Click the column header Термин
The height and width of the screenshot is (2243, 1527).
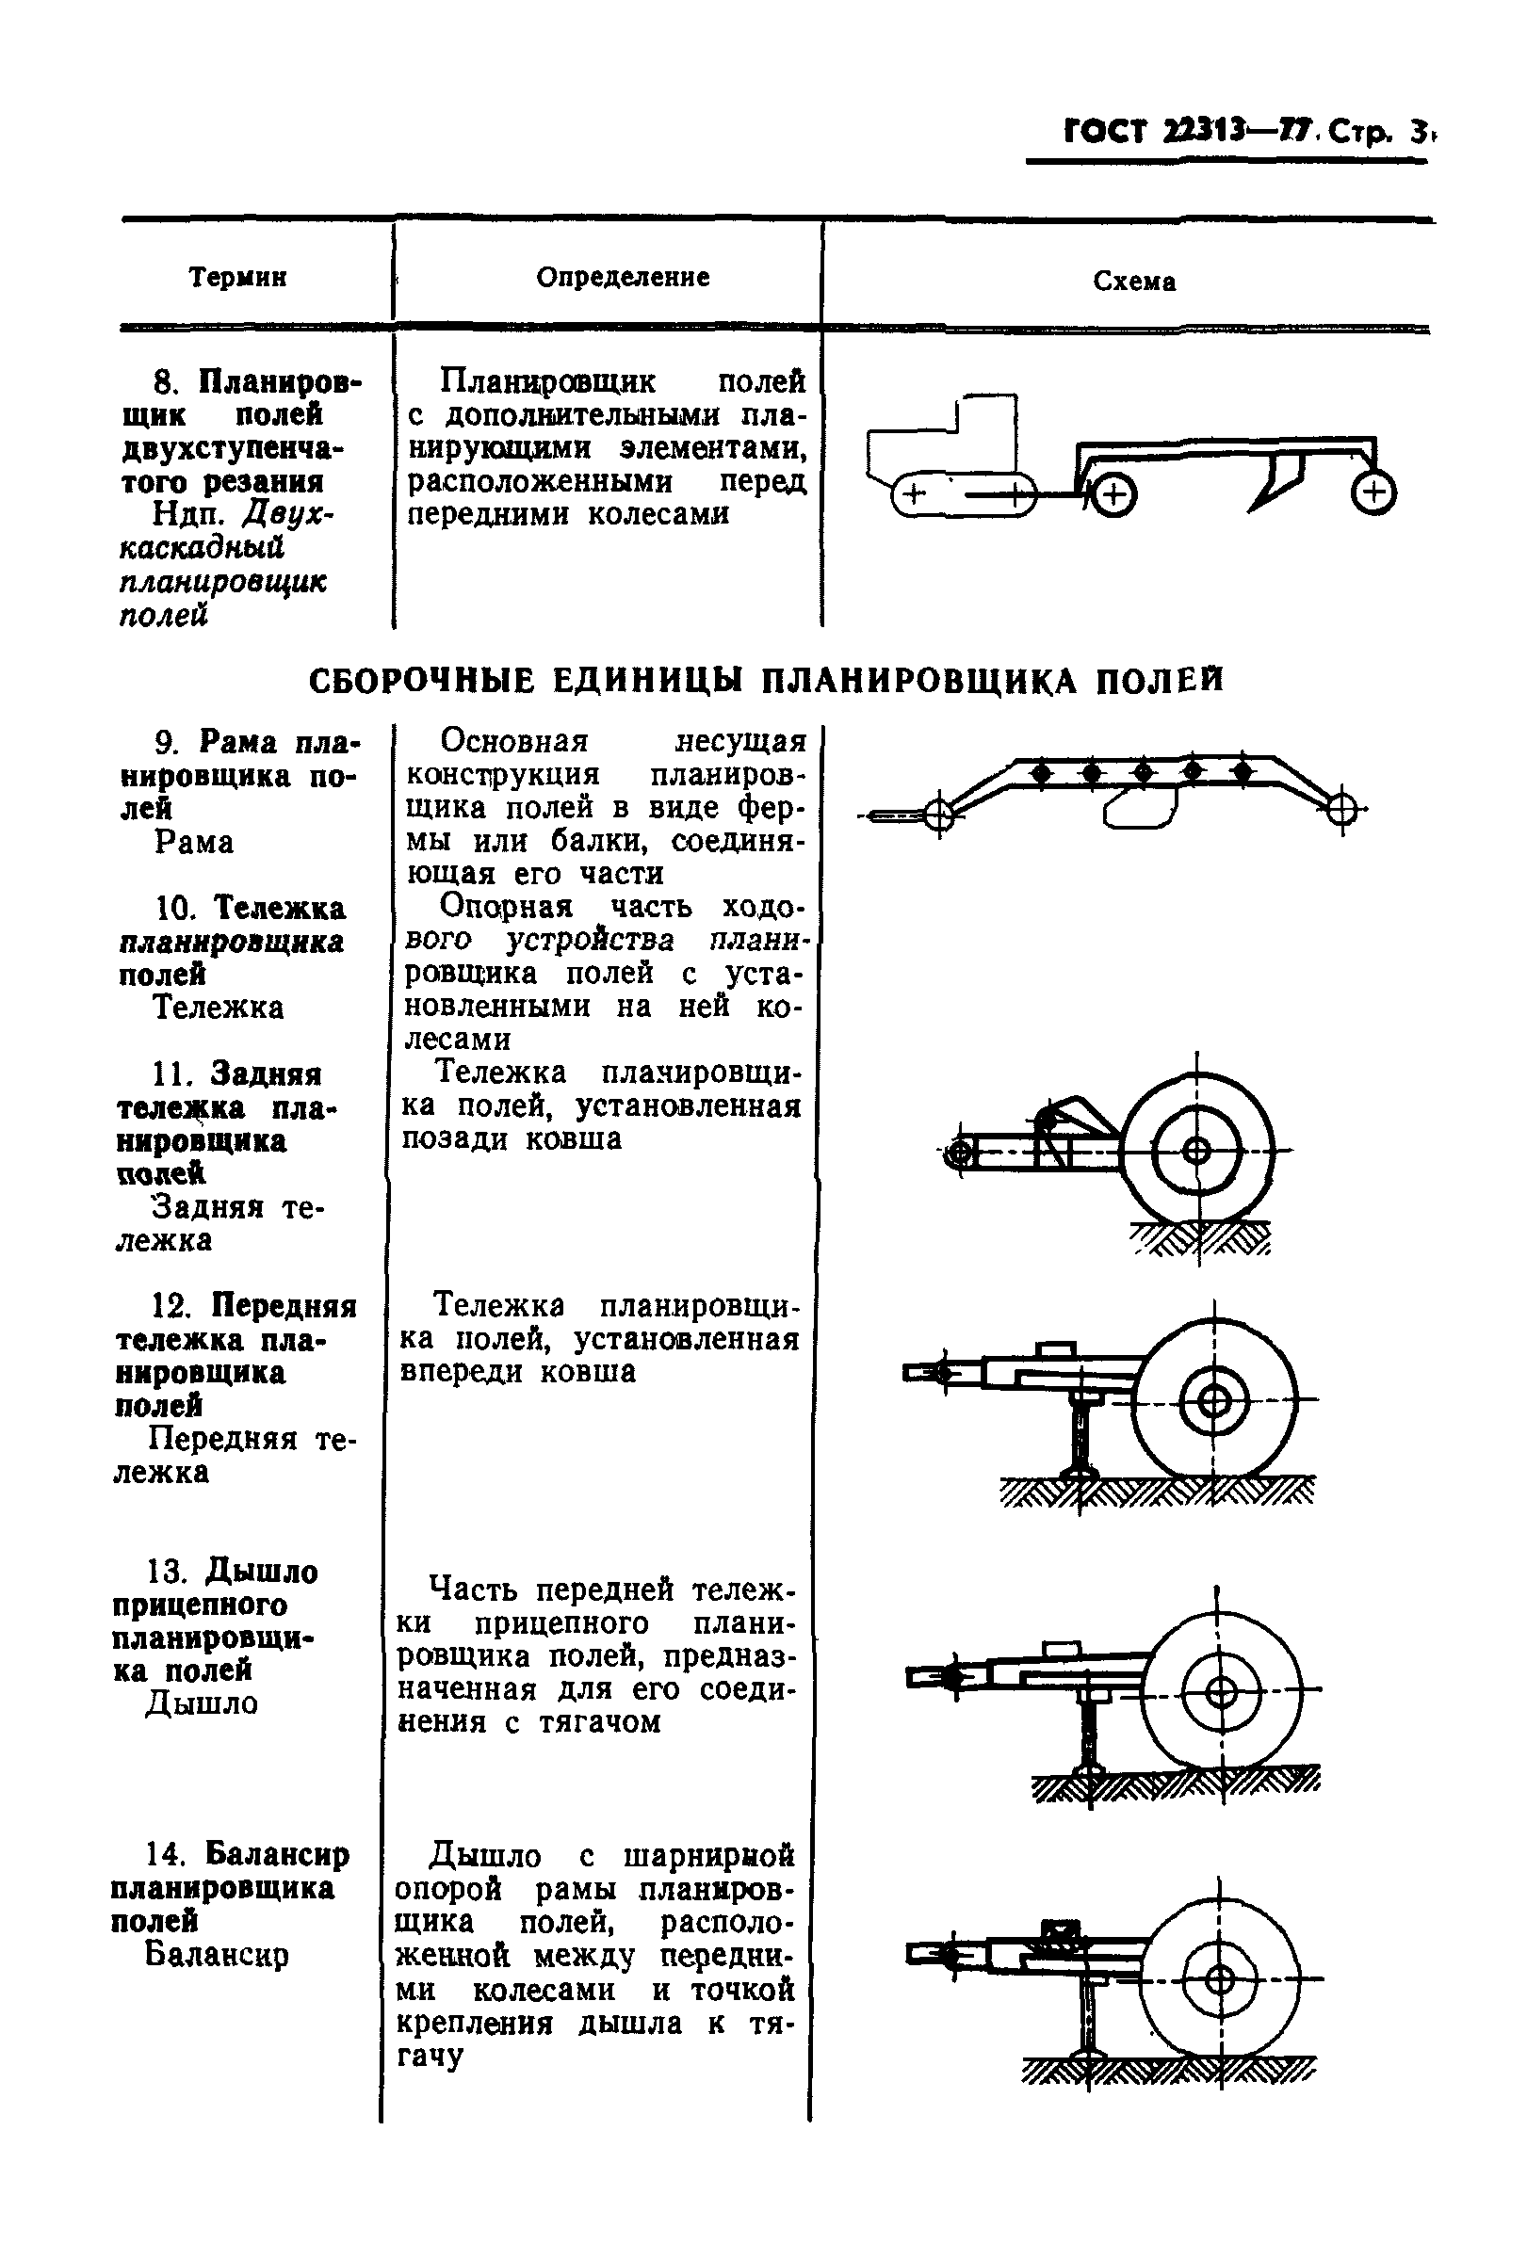pos(237,278)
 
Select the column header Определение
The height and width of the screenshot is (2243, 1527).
pos(623,278)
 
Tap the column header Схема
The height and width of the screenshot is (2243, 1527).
pos(1134,282)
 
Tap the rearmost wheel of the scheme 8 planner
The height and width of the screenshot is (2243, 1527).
pos(1373,493)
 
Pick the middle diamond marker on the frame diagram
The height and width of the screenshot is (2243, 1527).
pos(1143,772)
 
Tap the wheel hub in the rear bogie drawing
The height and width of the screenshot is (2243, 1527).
pos(1196,1152)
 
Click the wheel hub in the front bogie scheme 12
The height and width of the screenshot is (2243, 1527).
pos(1213,1402)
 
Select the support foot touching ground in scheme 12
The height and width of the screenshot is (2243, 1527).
pos(1079,1469)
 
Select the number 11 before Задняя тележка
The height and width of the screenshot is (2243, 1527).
pos(174,1074)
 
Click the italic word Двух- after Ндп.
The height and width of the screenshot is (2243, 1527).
pos(286,514)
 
